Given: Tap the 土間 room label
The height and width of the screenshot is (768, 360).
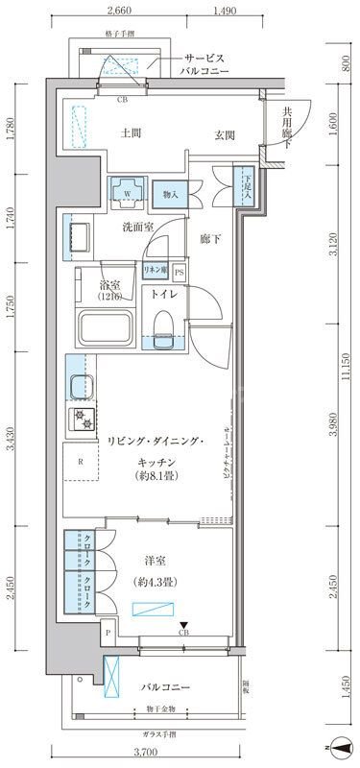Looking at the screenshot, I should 133,134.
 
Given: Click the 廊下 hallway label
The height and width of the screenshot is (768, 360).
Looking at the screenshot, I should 210,239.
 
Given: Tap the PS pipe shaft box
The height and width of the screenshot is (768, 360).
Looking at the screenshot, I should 179,274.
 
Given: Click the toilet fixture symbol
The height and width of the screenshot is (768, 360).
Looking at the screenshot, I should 162,327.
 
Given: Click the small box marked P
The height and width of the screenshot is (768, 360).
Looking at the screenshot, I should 108,633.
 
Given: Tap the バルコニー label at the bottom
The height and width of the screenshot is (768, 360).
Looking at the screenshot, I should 167,688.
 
